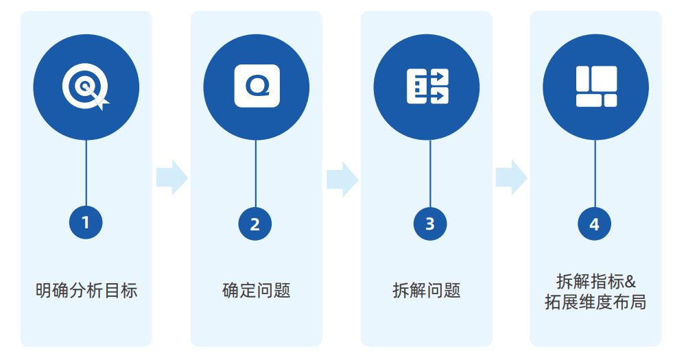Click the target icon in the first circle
click(x=86, y=87)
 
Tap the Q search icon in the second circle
click(x=257, y=86)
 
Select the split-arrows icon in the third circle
click(x=427, y=86)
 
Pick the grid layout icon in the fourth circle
click(x=596, y=86)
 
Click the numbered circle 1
click(x=86, y=222)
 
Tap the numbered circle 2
click(x=255, y=224)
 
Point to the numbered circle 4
click(x=594, y=224)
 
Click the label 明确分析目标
click(x=86, y=290)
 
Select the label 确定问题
click(x=257, y=290)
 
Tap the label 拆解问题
click(x=427, y=290)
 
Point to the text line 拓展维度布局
click(x=595, y=302)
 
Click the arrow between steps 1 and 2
click(x=171, y=178)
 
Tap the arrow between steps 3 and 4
click(x=511, y=178)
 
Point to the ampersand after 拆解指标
click(x=631, y=281)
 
